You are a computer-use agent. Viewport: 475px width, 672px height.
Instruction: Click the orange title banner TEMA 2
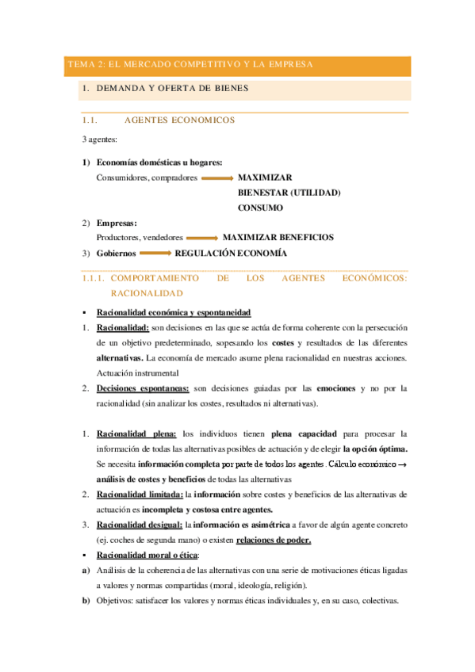pyautogui.click(x=238, y=65)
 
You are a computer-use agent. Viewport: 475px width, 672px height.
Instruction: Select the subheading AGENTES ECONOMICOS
pyautogui.click(x=180, y=121)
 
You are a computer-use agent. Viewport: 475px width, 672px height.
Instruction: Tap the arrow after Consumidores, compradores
pyautogui.click(x=217, y=179)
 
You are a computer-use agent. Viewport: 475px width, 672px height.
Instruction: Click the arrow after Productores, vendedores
pyautogui.click(x=202, y=238)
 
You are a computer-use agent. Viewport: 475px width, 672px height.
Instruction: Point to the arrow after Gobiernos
pyautogui.click(x=155, y=254)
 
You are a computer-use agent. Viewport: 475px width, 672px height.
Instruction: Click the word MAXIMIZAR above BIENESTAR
pyautogui.click(x=266, y=178)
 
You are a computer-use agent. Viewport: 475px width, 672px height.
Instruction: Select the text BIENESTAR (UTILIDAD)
pyautogui.click(x=289, y=193)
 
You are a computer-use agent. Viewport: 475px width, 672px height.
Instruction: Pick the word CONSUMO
pyautogui.click(x=260, y=208)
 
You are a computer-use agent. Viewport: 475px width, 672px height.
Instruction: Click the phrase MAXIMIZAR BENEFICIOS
pyautogui.click(x=278, y=237)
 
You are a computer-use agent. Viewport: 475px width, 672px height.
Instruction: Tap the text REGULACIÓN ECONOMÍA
pyautogui.click(x=231, y=253)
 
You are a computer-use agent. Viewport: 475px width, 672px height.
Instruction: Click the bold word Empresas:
pyautogui.click(x=117, y=223)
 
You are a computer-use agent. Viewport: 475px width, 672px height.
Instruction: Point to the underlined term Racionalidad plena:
pyautogui.click(x=135, y=434)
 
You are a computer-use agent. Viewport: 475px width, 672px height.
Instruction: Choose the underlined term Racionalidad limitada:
pyautogui.click(x=140, y=494)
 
